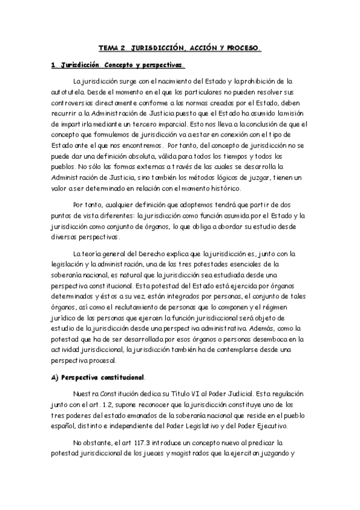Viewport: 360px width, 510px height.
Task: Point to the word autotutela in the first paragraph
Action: coord(69,93)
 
